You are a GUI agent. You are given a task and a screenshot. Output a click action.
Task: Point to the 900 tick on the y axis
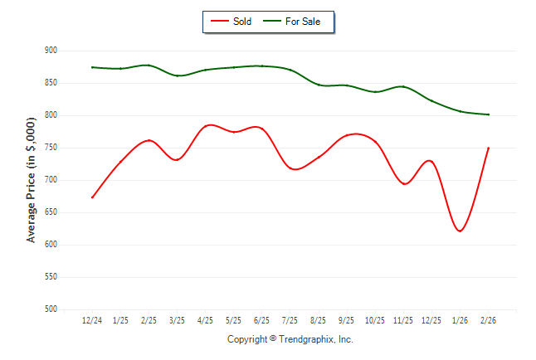[51, 51]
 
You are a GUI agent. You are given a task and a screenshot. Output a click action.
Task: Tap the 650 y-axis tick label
[51, 212]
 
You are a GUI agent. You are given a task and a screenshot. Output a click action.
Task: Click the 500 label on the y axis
[51, 309]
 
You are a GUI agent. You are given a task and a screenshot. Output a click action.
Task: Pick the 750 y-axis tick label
[51, 148]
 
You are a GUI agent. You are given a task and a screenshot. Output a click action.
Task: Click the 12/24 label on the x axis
[92, 320]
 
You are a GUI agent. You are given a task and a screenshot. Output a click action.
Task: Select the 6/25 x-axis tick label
[262, 320]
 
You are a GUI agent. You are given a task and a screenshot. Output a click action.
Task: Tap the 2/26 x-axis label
[489, 320]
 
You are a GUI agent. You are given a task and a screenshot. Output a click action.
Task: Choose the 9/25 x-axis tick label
[347, 320]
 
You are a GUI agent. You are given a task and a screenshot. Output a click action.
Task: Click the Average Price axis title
[32, 180]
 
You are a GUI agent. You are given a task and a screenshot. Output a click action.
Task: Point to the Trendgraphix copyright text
[290, 339]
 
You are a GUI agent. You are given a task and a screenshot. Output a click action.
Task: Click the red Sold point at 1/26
[460, 231]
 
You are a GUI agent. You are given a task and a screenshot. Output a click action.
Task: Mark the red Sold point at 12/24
[92, 197]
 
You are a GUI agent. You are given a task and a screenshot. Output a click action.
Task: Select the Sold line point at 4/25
[206, 125]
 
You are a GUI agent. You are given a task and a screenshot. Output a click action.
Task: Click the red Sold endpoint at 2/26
[489, 148]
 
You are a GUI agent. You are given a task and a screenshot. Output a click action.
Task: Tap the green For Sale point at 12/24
[92, 67]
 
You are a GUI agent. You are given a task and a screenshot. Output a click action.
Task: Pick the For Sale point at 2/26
[489, 114]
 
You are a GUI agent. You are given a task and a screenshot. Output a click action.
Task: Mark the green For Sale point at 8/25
[319, 85]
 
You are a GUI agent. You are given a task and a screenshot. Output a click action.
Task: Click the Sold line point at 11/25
[404, 183]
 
